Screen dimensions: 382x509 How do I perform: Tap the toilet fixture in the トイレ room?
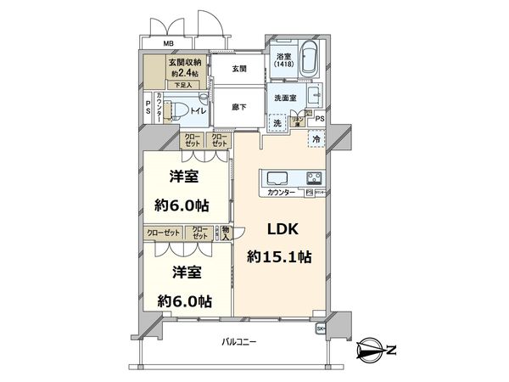click(x=172, y=110)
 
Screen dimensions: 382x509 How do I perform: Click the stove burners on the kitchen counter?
click(x=313, y=178)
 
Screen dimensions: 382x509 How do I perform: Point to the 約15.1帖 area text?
click(x=277, y=256)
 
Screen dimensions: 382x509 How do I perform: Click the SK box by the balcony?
click(x=321, y=328)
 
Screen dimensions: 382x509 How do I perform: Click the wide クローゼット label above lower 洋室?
click(x=162, y=232)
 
